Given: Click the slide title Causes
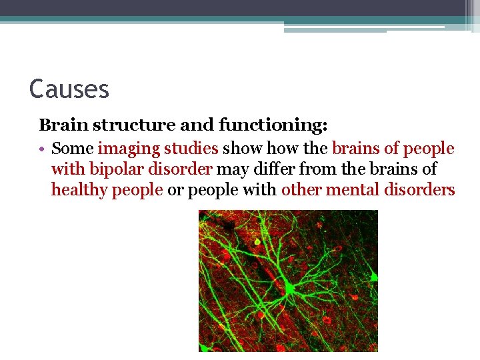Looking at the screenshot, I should pyautogui.click(x=69, y=88).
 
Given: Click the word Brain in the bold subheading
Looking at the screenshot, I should pyautogui.click(x=60, y=125).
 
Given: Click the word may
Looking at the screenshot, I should pyautogui.click(x=230, y=169).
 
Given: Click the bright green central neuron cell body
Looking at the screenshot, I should pyautogui.click(x=289, y=288).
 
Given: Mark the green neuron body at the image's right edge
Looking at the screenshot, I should pyautogui.click(x=373, y=275).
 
